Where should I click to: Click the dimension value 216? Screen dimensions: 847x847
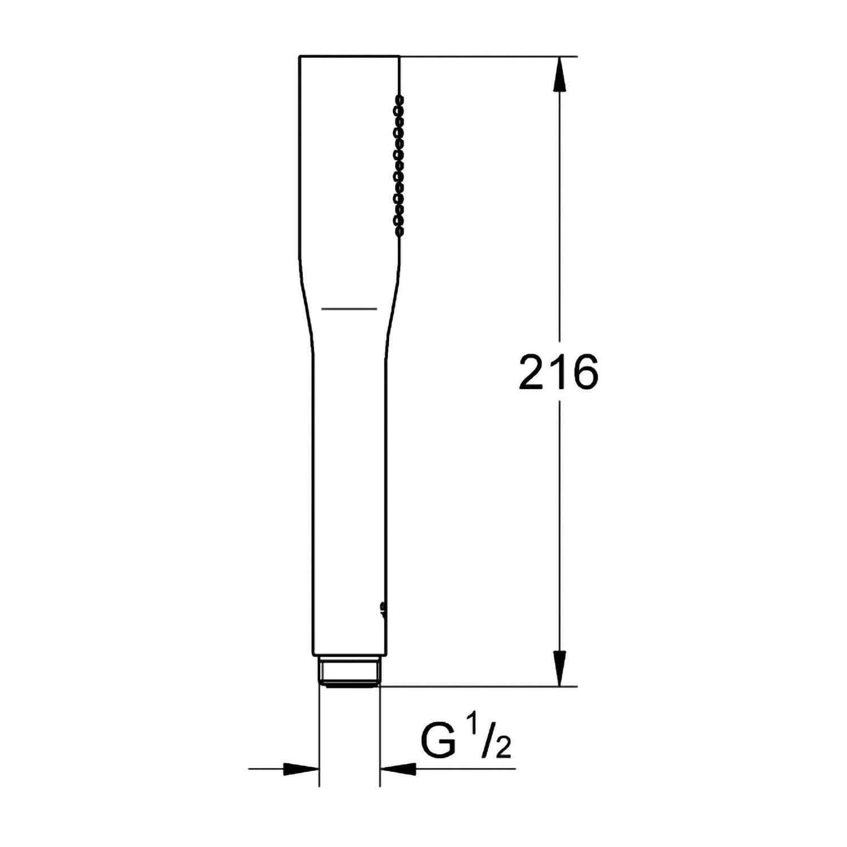pos(558,373)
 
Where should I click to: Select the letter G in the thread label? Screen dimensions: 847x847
pos(438,740)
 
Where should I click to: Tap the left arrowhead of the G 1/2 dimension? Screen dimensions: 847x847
pos(302,769)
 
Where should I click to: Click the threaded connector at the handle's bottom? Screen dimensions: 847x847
pos(350,672)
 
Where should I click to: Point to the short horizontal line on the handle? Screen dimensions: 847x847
pos(349,309)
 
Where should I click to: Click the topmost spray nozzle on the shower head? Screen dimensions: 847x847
pos(400,99)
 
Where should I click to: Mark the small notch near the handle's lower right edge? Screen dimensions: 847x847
pos(383,607)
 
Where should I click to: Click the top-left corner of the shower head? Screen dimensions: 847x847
pos(299,56)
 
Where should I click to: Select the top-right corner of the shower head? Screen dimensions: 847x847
pos(399,56)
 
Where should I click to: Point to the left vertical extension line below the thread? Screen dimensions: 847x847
pos(320,734)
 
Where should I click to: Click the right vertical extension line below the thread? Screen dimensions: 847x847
pos(380,734)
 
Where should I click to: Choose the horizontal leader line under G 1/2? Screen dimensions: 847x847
pos(463,769)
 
